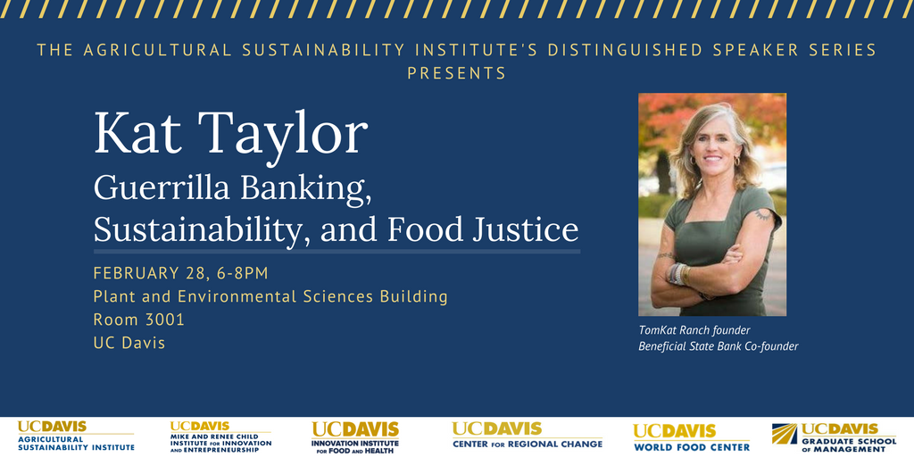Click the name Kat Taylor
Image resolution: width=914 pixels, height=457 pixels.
point(231,134)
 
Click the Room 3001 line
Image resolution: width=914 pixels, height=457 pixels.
point(138,320)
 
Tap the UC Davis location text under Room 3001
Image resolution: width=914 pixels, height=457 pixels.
point(129,343)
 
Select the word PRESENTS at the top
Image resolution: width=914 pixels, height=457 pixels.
point(456,73)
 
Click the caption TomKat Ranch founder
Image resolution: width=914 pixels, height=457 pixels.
point(694,330)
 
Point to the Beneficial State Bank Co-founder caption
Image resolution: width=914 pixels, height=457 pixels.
point(719,346)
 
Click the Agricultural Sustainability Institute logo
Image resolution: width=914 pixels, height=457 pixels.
point(76,436)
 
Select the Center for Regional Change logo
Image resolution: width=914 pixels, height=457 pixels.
point(527,436)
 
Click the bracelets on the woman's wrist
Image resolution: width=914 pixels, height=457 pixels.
point(679,274)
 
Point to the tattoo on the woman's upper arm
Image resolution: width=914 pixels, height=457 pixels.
point(762,215)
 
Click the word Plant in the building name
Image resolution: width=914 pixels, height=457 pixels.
point(111,296)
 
